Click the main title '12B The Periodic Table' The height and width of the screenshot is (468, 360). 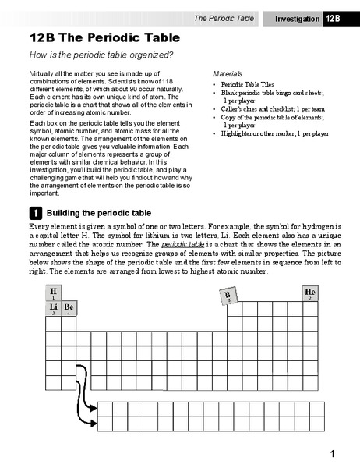tap(104, 37)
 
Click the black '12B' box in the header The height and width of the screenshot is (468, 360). tap(334, 18)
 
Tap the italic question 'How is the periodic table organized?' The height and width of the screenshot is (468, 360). tap(101, 55)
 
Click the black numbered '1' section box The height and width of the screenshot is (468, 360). tap(35, 213)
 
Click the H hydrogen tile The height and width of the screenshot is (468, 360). tap(53, 293)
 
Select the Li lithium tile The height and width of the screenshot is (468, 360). tap(53, 309)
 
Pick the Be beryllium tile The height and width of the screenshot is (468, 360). tap(69, 309)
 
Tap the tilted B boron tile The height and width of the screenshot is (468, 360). tap(228, 296)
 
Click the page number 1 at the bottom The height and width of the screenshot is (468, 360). tap(332, 454)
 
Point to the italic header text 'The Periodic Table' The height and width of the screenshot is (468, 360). tap(224, 18)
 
